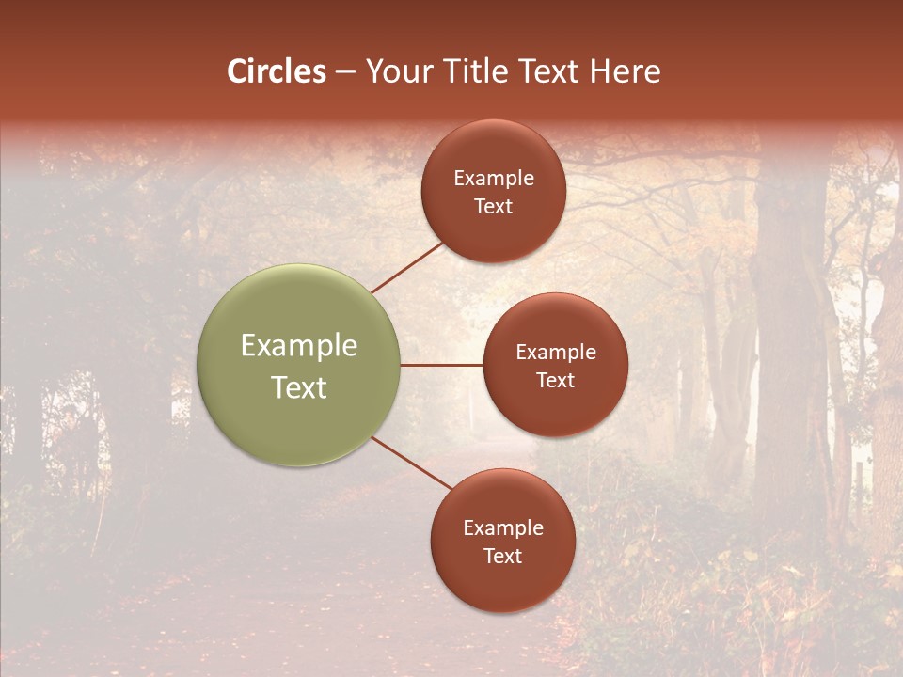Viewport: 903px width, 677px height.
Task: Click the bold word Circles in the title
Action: click(277, 71)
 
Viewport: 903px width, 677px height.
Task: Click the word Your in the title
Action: click(396, 71)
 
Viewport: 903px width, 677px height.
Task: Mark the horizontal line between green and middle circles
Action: click(442, 365)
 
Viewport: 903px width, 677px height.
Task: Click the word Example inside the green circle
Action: click(299, 346)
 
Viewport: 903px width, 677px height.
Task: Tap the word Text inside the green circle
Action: click(299, 387)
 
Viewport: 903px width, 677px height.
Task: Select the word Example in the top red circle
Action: click(493, 179)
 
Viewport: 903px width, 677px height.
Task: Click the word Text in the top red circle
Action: click(493, 206)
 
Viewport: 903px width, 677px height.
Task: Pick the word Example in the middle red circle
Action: click(555, 353)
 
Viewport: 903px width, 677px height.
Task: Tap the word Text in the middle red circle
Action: click(555, 380)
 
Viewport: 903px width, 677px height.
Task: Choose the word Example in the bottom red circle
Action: click(502, 528)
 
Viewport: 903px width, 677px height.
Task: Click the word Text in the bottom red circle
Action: click(502, 556)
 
